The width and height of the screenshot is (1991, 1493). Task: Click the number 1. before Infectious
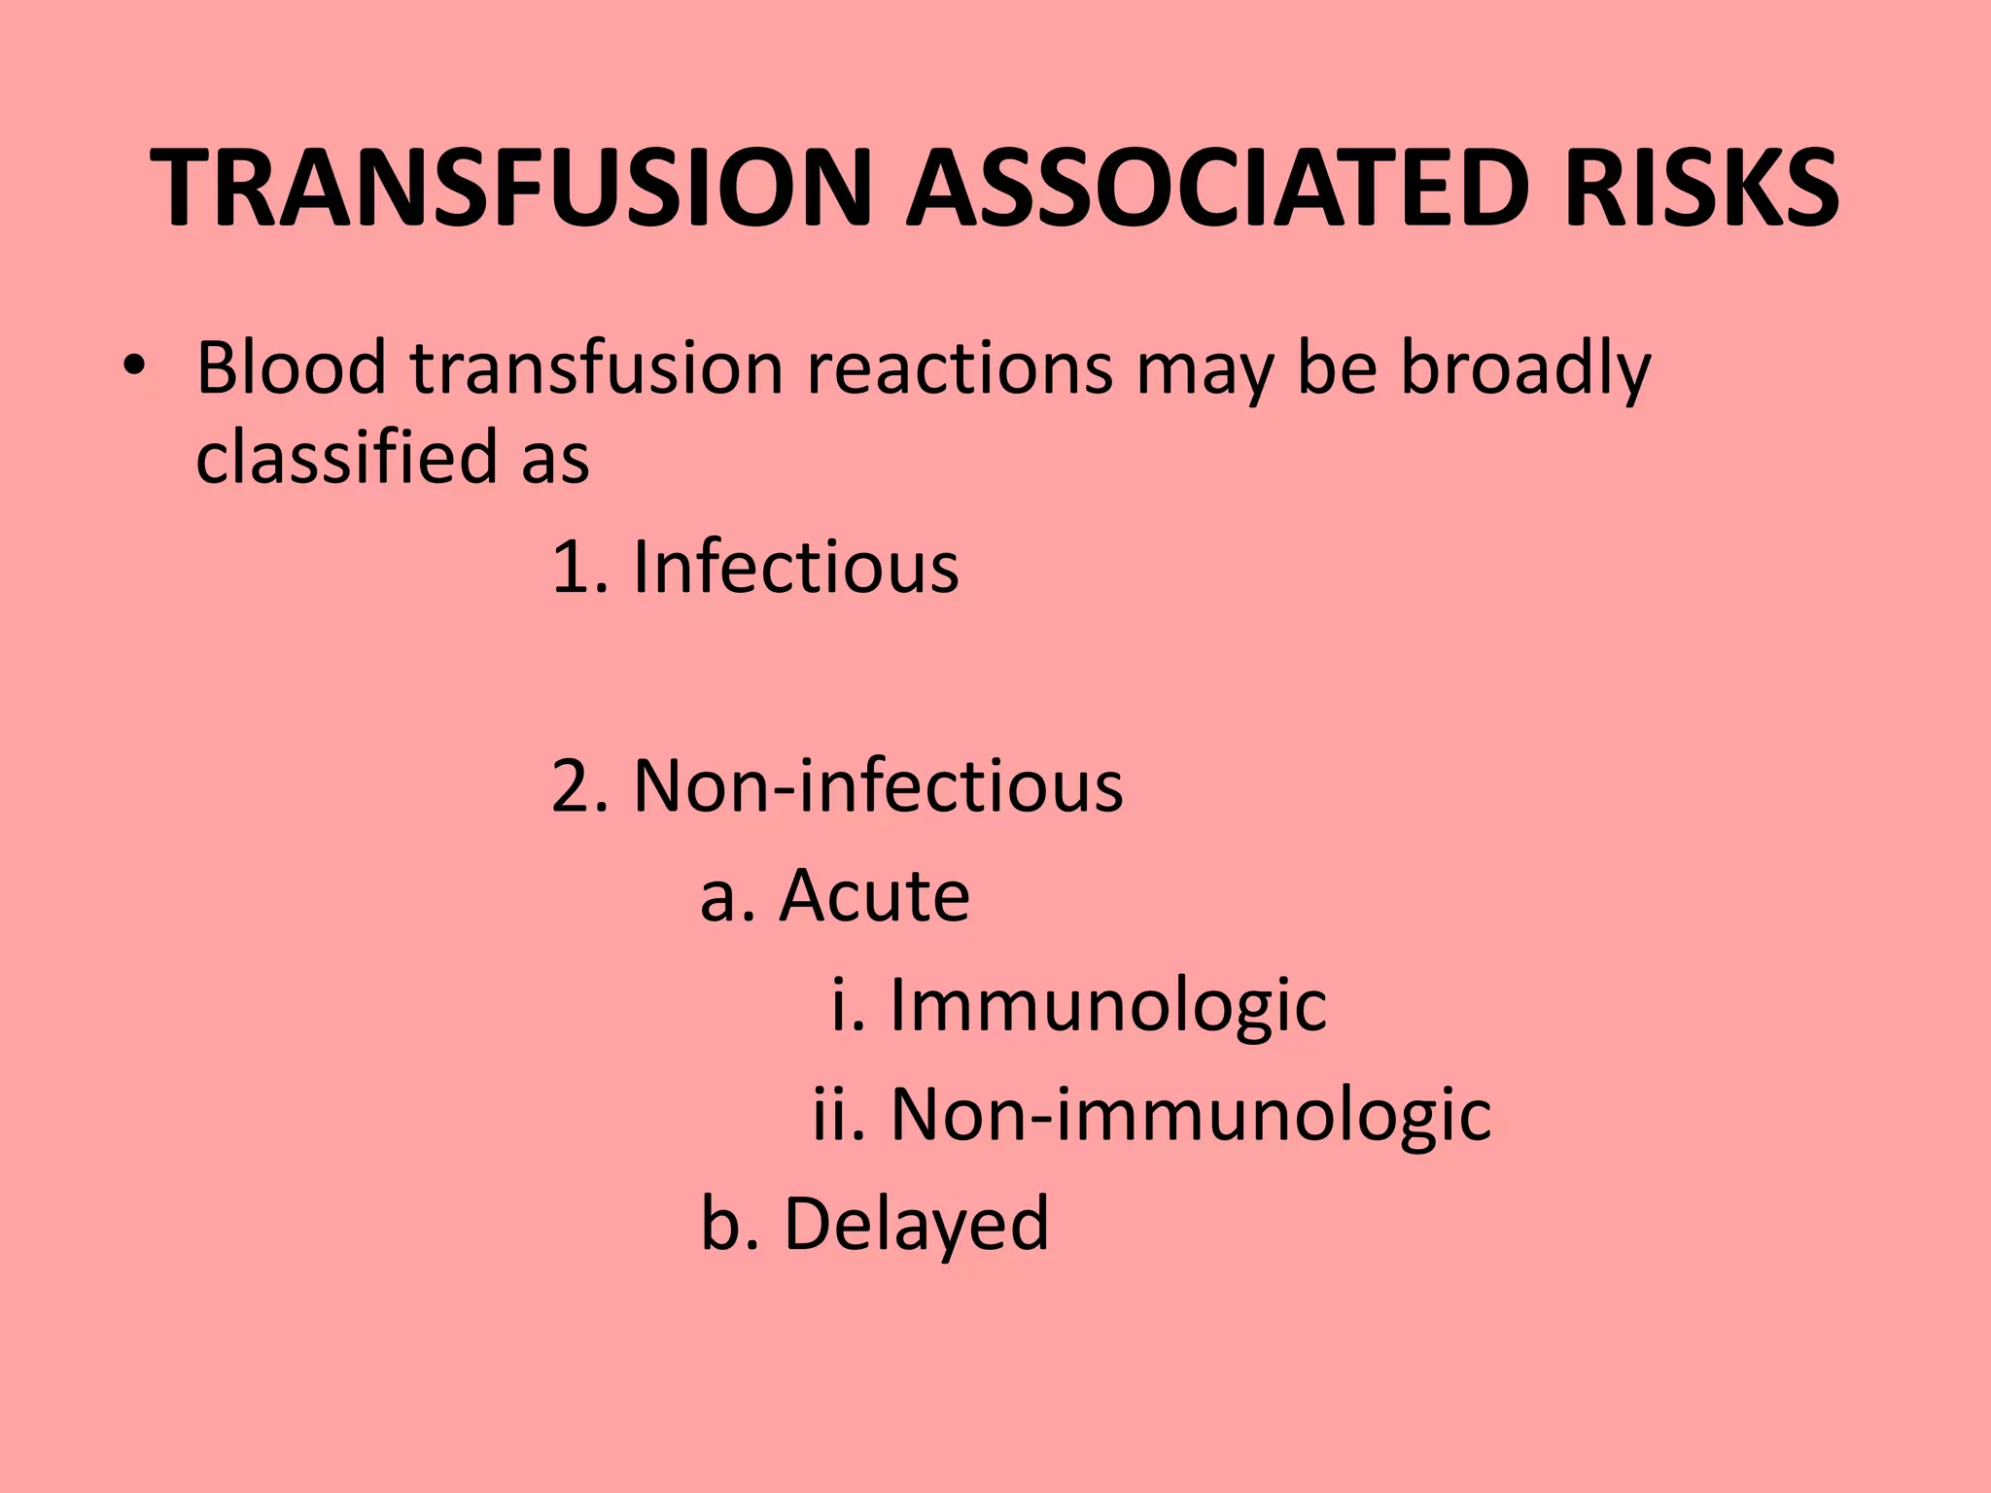pyautogui.click(x=579, y=568)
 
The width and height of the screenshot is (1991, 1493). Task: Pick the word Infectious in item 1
pyautogui.click(x=795, y=568)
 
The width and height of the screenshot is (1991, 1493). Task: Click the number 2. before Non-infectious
pyautogui.click(x=579, y=786)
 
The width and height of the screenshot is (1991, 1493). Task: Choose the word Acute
pyautogui.click(x=874, y=896)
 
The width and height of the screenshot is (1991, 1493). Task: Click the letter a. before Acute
pyautogui.click(x=727, y=896)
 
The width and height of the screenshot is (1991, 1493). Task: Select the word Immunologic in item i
pyautogui.click(x=1107, y=1006)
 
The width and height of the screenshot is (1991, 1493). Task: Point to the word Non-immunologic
pyautogui.click(x=1190, y=1115)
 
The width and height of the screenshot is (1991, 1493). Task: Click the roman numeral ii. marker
pyautogui.click(x=838, y=1115)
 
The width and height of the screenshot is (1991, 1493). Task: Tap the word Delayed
pyautogui.click(x=916, y=1225)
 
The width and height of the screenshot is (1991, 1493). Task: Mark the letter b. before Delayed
pyautogui.click(x=729, y=1225)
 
